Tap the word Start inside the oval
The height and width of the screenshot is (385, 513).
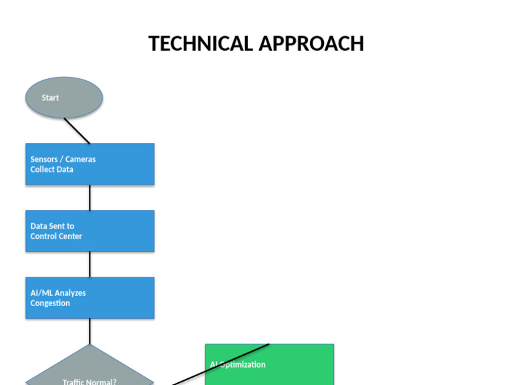click(x=50, y=98)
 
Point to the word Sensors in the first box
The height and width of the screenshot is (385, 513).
click(x=44, y=159)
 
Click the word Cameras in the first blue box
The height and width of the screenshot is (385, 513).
click(x=80, y=159)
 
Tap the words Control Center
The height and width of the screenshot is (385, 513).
click(x=56, y=237)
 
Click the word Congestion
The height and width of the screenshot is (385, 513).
click(x=50, y=303)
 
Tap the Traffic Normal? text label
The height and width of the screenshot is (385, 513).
click(x=90, y=382)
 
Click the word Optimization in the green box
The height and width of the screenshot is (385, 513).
click(x=242, y=365)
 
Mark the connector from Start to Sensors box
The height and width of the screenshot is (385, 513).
click(x=77, y=131)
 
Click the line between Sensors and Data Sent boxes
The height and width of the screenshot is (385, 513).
click(x=90, y=198)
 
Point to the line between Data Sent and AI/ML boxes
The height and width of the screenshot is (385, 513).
click(x=90, y=265)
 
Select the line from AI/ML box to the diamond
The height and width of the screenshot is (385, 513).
click(x=90, y=332)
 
